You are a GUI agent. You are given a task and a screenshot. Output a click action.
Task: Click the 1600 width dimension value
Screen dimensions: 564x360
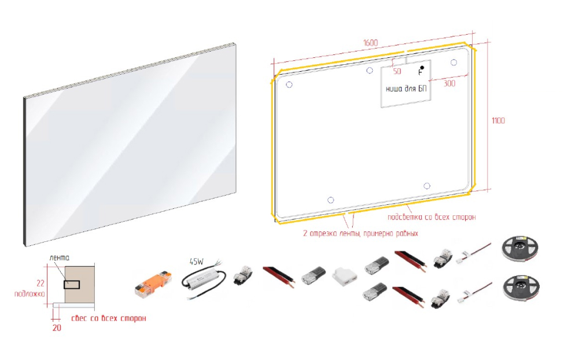point(370,43)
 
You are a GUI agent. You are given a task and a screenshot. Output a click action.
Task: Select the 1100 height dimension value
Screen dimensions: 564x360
point(498,120)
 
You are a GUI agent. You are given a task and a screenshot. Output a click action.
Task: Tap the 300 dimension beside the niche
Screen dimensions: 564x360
point(449,83)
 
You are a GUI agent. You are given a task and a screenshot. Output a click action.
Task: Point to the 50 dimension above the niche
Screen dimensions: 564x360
point(397,71)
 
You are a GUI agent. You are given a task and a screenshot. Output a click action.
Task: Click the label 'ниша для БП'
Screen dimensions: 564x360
point(406,89)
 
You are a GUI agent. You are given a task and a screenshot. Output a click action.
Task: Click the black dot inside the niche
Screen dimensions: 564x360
point(422,68)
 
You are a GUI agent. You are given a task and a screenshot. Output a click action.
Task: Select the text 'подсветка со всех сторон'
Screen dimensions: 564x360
point(432,217)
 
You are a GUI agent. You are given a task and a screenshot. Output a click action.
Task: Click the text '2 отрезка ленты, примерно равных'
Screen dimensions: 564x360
point(360,233)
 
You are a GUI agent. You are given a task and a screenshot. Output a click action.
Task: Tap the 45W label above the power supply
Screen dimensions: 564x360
point(197,262)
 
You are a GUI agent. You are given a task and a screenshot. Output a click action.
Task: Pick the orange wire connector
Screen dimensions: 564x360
point(153,284)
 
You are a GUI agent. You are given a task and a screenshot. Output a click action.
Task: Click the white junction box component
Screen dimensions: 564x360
point(345,277)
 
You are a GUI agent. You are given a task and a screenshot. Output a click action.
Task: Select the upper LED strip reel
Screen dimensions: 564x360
point(520,249)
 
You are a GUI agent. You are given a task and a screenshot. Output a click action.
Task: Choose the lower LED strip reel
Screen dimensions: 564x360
point(521,288)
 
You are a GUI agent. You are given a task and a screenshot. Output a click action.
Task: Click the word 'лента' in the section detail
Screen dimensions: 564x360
point(60,258)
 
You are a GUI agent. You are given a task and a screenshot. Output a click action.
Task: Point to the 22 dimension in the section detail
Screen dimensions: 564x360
point(40,284)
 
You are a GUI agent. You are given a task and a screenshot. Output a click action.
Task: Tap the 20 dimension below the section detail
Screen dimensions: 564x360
point(57,328)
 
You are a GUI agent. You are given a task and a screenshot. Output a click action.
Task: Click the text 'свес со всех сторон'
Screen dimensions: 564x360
point(109,318)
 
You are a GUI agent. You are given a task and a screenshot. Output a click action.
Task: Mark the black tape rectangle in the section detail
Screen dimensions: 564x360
point(72,285)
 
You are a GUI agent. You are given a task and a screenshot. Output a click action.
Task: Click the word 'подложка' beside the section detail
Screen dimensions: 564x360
point(30,294)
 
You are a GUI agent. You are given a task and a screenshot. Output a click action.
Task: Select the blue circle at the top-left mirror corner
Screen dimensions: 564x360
point(289,85)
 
